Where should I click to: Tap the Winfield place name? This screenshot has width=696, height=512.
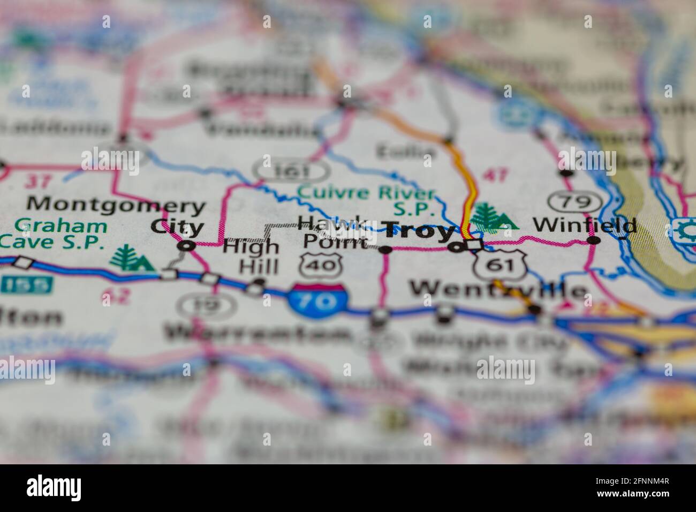click(x=585, y=225)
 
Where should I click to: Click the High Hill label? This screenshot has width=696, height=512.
click(x=251, y=256)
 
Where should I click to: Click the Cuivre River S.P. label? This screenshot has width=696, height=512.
click(x=367, y=198)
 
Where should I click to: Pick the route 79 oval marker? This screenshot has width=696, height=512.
click(x=576, y=202)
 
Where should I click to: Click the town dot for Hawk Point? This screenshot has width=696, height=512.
click(x=385, y=249)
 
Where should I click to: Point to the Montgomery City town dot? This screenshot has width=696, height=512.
click(x=186, y=246)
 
